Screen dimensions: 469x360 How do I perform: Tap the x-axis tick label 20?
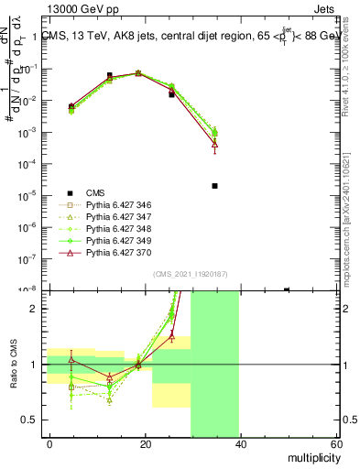click(x=145, y=444)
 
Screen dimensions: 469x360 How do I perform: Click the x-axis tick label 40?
click(x=240, y=444)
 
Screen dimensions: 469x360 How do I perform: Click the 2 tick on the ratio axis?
click(x=35, y=309)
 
